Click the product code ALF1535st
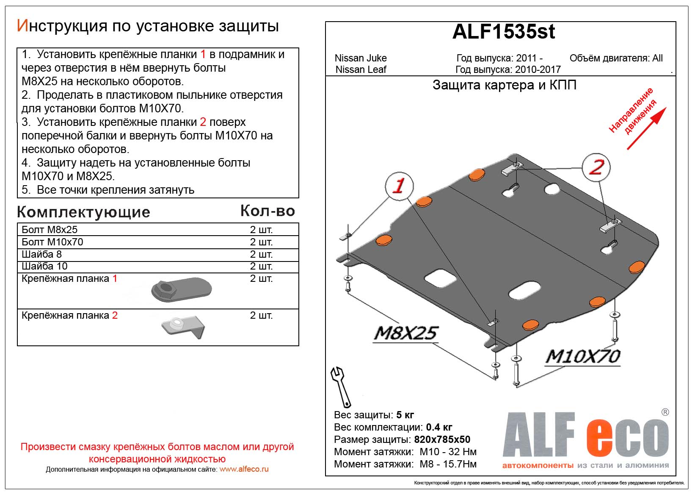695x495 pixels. pyautogui.click(x=503, y=32)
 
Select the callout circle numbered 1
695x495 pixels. pyautogui.click(x=399, y=186)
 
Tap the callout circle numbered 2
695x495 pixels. pyautogui.click(x=596, y=167)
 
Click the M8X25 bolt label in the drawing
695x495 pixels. pyautogui.click(x=405, y=333)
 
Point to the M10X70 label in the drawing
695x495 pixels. pyautogui.click(x=583, y=356)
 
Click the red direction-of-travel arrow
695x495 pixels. pyautogui.click(x=646, y=128)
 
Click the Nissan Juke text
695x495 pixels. pyautogui.click(x=361, y=58)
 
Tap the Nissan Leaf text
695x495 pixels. pyautogui.click(x=361, y=70)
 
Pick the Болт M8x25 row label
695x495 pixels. pyautogui.click(x=50, y=230)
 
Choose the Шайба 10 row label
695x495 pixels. pyautogui.click(x=44, y=266)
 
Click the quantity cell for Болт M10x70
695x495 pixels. pyautogui.click(x=261, y=242)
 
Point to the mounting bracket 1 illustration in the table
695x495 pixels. pyautogui.click(x=182, y=290)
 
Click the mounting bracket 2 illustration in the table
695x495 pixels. pyautogui.click(x=183, y=327)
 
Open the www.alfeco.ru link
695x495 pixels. pyautogui.click(x=244, y=469)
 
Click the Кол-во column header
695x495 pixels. pyautogui.click(x=268, y=211)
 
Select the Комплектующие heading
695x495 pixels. pyautogui.click(x=83, y=212)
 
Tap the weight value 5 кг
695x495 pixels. pyautogui.click(x=405, y=415)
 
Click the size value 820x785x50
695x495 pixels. pyautogui.click(x=442, y=439)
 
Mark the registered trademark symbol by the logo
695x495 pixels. pyautogui.click(x=665, y=412)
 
